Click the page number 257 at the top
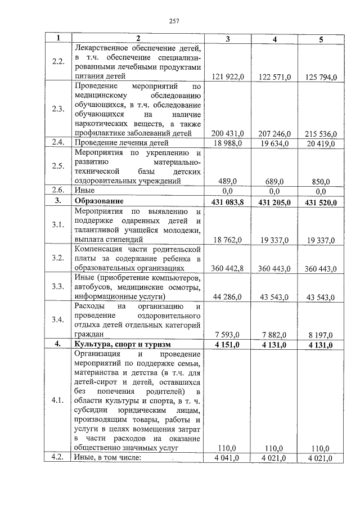click(x=174, y=21)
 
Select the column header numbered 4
click(x=274, y=39)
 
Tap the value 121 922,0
click(x=227, y=76)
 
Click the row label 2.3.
click(x=58, y=109)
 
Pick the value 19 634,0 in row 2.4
click(x=274, y=143)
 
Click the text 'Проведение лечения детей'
click(x=117, y=143)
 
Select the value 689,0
click(x=274, y=181)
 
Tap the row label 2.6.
click(x=58, y=191)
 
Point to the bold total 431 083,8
click(x=227, y=201)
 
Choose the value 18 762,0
click(x=227, y=240)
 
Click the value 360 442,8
click(x=227, y=268)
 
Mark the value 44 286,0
click(x=227, y=296)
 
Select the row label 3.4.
click(x=58, y=320)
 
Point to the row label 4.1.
click(x=58, y=401)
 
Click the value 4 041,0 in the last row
click(x=227, y=458)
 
